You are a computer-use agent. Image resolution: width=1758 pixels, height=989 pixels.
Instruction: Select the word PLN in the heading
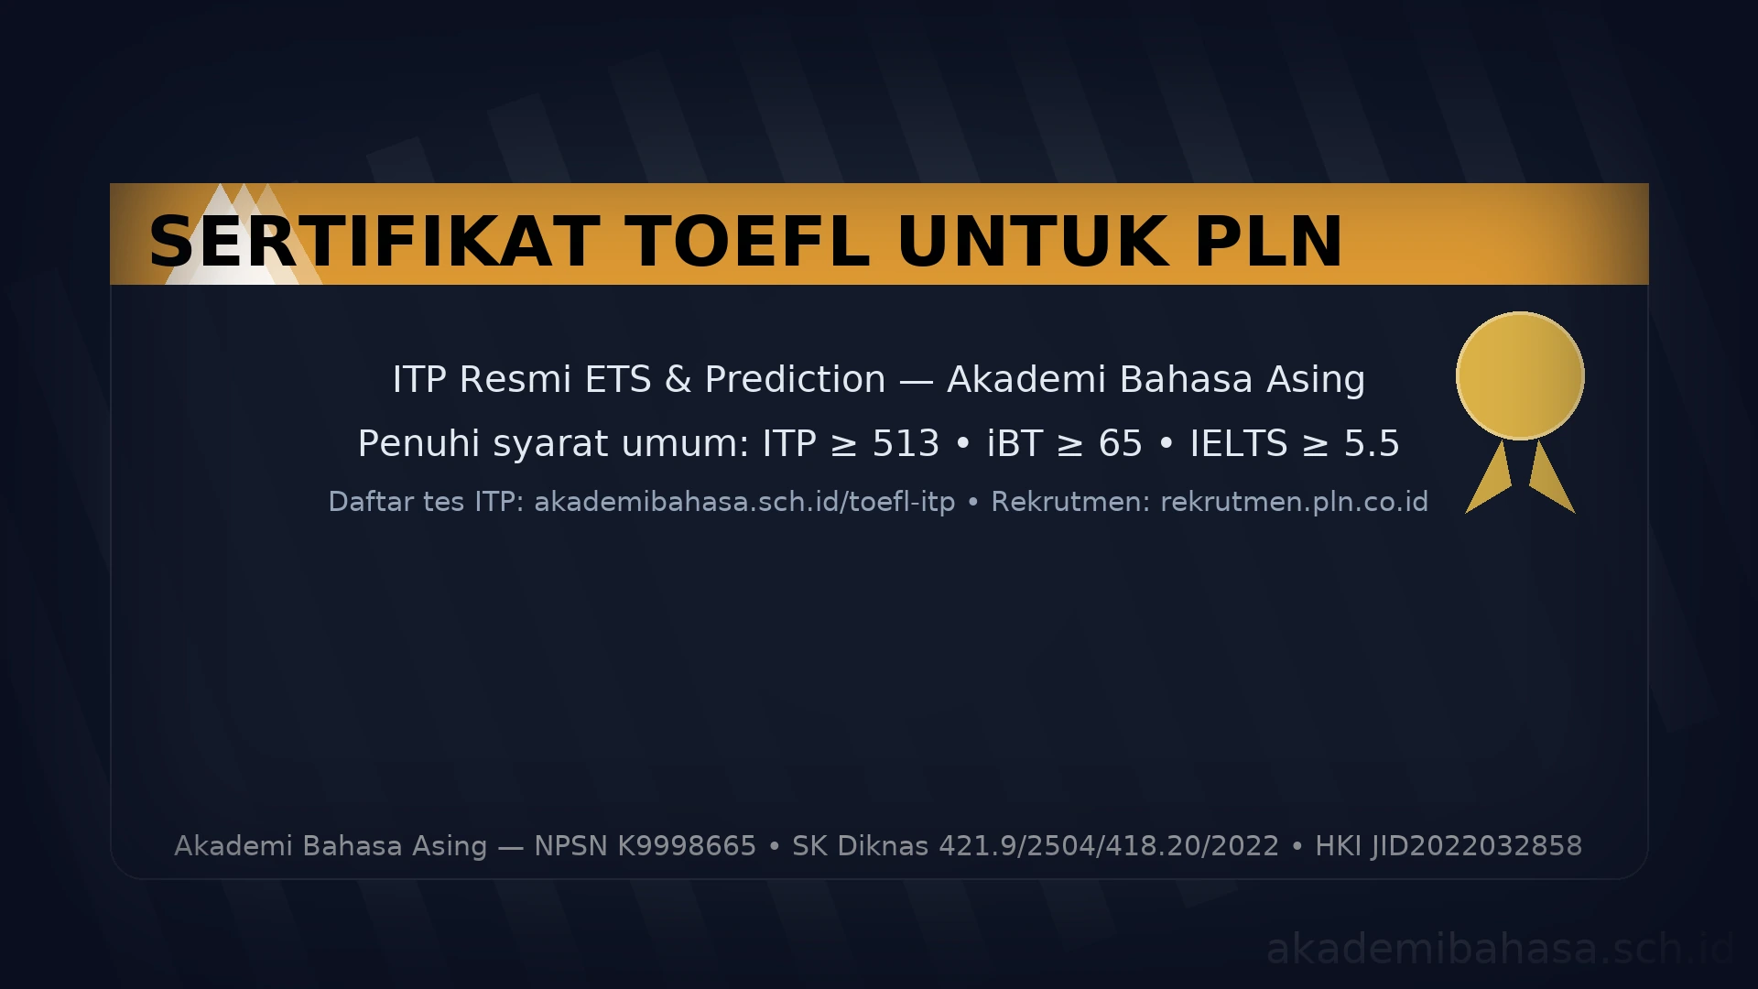pyautogui.click(x=1269, y=242)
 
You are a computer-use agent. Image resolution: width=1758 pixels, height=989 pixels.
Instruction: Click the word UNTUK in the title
pyautogui.click(x=1033, y=242)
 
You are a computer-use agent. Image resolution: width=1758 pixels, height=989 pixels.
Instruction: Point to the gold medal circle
pyautogui.click(x=1520, y=375)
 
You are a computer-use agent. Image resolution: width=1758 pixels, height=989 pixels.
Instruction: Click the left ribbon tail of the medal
pyautogui.click(x=1490, y=478)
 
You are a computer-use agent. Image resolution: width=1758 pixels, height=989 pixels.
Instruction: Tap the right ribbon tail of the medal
pyautogui.click(x=1551, y=478)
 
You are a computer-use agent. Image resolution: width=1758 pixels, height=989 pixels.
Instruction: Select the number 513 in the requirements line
pyautogui.click(x=906, y=444)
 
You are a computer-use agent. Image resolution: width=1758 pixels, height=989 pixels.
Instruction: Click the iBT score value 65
pyautogui.click(x=1121, y=444)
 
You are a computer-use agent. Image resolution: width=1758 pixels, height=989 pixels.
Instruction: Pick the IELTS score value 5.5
pyautogui.click(x=1372, y=444)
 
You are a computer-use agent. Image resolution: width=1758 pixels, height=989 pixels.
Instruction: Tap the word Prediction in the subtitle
pyautogui.click(x=795, y=379)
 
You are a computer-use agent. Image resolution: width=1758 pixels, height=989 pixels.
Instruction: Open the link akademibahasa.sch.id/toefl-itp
pyautogui.click(x=744, y=502)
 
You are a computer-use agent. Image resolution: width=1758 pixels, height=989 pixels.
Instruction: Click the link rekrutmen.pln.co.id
pyautogui.click(x=1295, y=502)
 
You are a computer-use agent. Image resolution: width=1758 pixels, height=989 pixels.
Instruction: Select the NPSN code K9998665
pyautogui.click(x=687, y=846)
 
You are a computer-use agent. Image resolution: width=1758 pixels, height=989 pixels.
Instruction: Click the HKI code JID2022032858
pyautogui.click(x=1476, y=846)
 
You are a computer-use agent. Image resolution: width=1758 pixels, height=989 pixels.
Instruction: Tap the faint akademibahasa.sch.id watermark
pyautogui.click(x=1500, y=949)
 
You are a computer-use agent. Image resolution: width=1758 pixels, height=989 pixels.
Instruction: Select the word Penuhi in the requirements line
pyautogui.click(x=418, y=444)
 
